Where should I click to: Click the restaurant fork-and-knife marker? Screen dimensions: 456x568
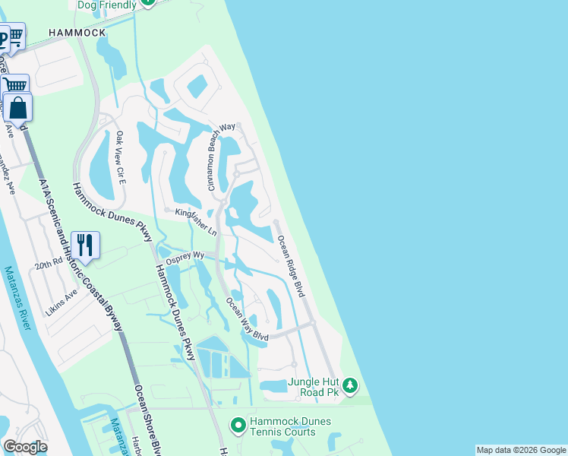coord(84,245)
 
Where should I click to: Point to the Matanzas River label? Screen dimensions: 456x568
coord(16,297)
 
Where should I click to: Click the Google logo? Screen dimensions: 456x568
coord(25,447)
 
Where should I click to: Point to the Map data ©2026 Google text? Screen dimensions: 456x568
coord(521,450)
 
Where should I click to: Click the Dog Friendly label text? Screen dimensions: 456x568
coord(107,5)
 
